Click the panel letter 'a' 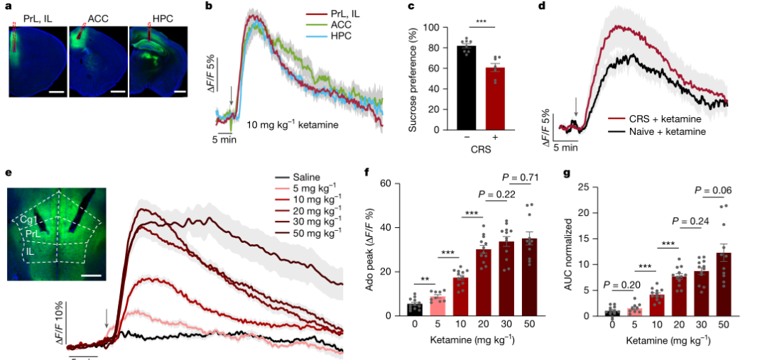point(9,8)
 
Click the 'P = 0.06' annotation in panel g point(711,190)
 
